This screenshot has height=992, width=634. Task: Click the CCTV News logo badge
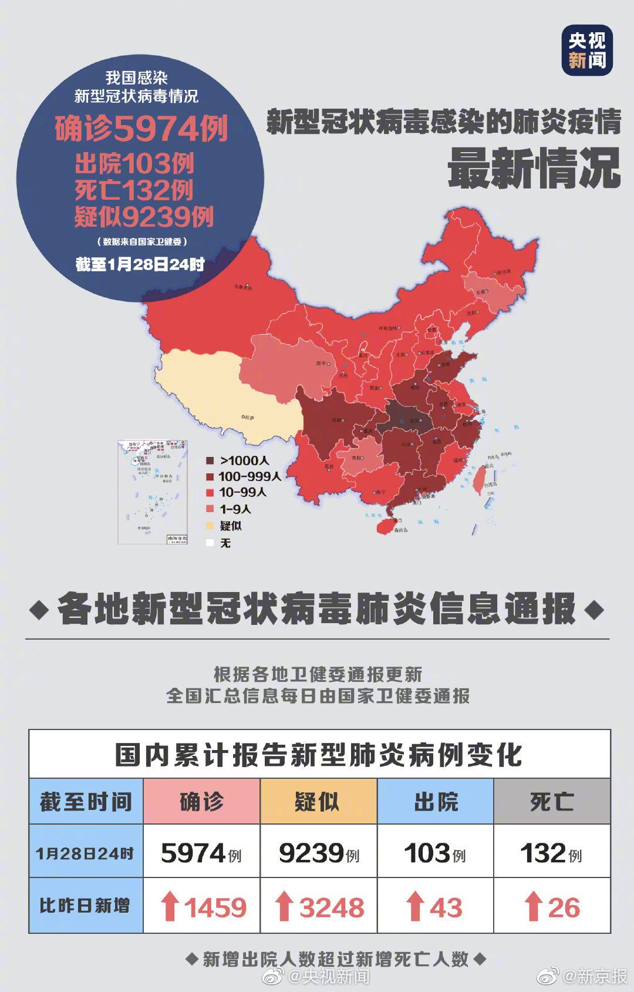pos(586,51)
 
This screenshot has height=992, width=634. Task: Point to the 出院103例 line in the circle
pos(134,164)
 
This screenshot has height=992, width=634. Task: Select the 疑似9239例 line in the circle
pos(143,217)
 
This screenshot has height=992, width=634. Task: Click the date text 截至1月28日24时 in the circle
pos(140,265)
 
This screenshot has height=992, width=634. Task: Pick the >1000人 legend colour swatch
pos(210,461)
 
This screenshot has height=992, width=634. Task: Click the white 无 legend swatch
pos(210,543)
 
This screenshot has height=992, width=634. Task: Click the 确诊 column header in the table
pos(201,802)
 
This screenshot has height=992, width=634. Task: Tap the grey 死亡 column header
pos(552,802)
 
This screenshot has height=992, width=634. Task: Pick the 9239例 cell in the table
pos(318,853)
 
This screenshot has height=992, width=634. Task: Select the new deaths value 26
pos(564,908)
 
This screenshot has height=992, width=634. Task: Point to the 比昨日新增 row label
pos(85,906)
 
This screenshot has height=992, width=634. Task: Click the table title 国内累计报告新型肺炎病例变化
pos(319,755)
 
